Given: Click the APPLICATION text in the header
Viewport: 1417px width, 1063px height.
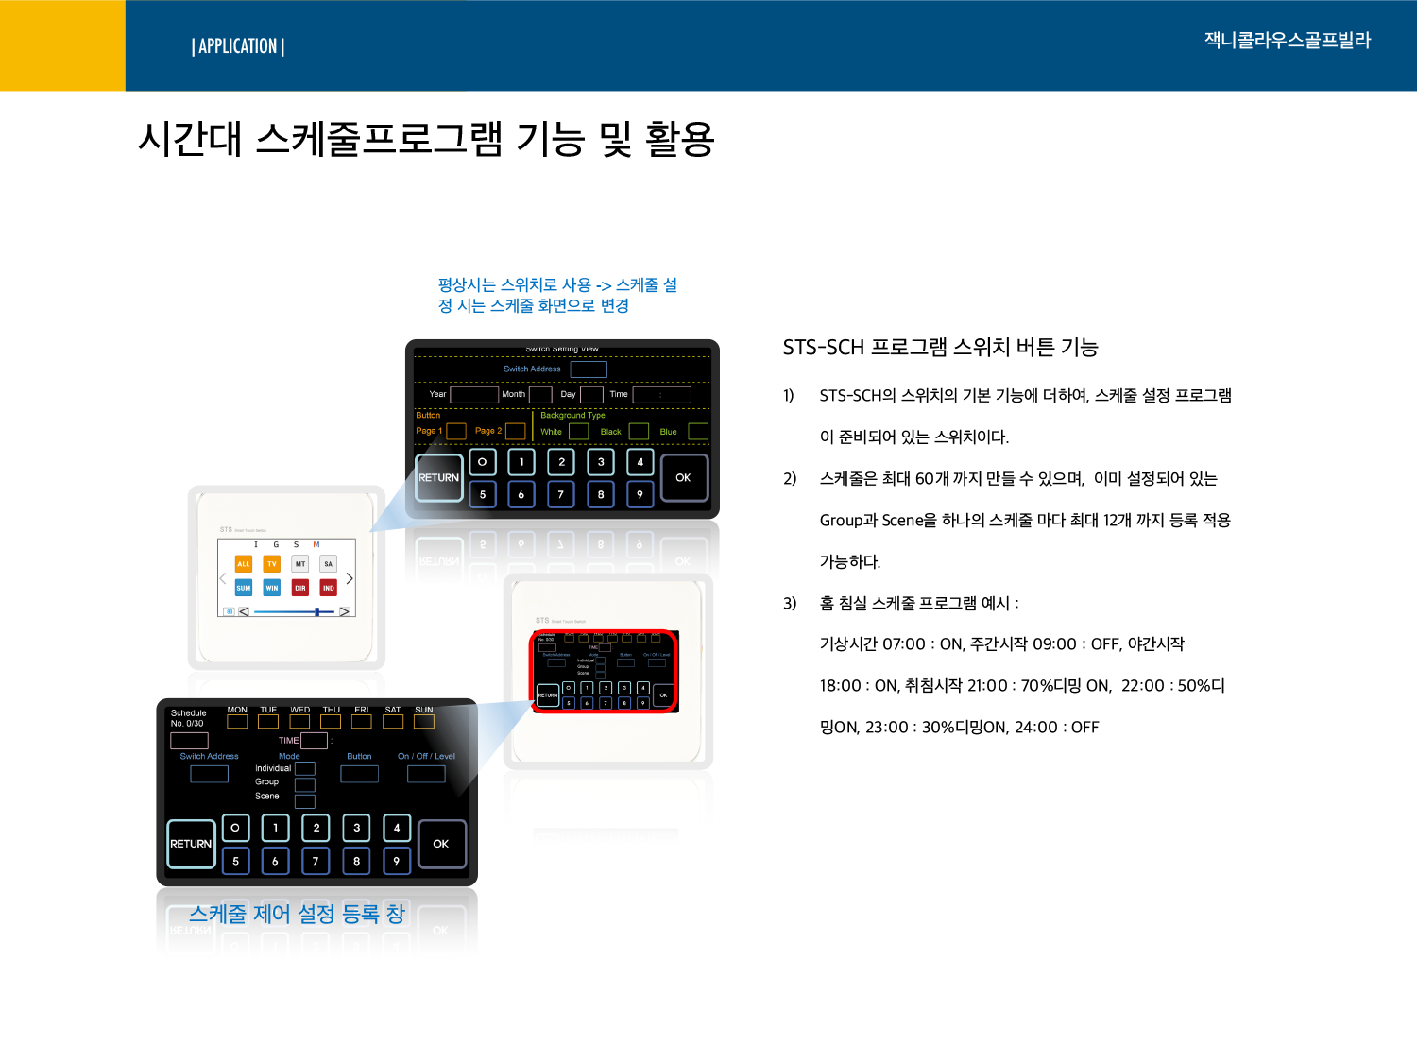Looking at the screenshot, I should pyautogui.click(x=238, y=46).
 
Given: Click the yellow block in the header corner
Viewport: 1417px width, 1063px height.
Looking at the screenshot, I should pyautogui.click(x=62, y=45).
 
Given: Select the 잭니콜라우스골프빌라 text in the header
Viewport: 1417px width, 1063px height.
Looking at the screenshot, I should pyautogui.click(x=1287, y=41).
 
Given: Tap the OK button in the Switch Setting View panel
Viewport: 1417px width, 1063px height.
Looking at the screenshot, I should pyautogui.click(x=683, y=478).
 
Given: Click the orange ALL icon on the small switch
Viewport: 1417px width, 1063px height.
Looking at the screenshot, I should pyautogui.click(x=244, y=564).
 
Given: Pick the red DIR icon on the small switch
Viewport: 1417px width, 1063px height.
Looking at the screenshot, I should pyautogui.click(x=300, y=588).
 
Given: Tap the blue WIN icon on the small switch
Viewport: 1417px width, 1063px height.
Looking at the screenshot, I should pyautogui.click(x=272, y=588).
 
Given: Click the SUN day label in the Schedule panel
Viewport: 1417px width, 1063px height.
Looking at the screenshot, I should pyautogui.click(x=424, y=710).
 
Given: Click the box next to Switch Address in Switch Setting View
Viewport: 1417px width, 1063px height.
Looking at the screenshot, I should pyautogui.click(x=589, y=369).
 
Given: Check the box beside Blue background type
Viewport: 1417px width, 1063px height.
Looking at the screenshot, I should pyautogui.click(x=698, y=432).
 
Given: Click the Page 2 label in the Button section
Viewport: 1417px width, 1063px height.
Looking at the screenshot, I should pyautogui.click(x=488, y=431).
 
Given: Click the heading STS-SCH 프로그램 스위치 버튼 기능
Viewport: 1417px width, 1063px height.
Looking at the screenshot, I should pyautogui.click(x=940, y=348).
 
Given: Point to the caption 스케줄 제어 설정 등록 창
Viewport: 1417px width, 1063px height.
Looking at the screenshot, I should pyautogui.click(x=297, y=914).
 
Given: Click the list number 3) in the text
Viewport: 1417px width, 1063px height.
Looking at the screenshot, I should pyautogui.click(x=790, y=603).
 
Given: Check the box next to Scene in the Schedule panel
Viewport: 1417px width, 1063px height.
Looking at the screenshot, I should pyautogui.click(x=305, y=801).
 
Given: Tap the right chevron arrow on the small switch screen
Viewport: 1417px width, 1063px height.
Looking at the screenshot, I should pyautogui.click(x=350, y=578).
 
